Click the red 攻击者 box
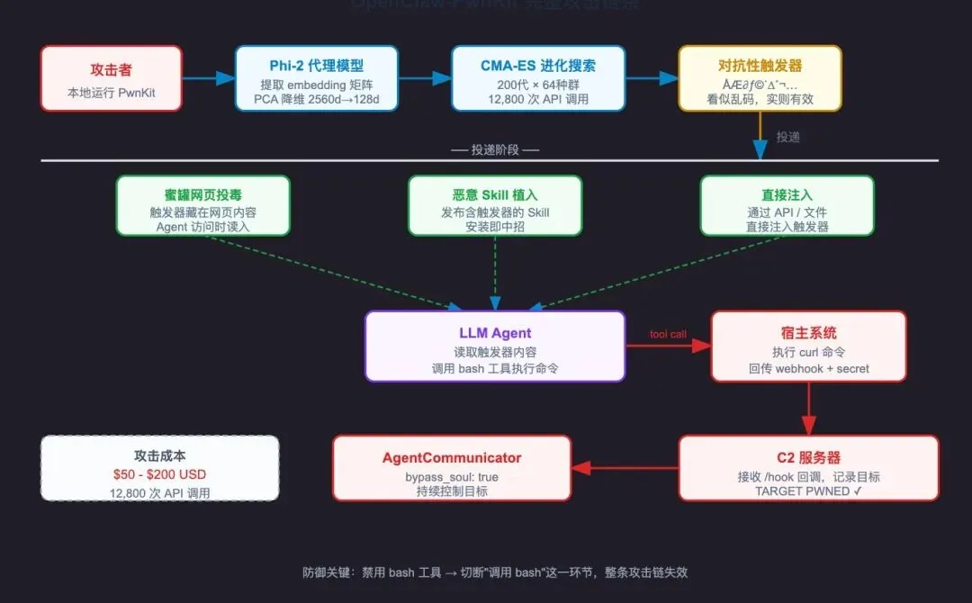(112, 78)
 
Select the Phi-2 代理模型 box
(317, 78)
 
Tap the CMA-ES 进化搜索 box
(538, 78)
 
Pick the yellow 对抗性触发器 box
(760, 78)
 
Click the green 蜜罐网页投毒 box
(202, 205)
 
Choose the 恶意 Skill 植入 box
(495, 205)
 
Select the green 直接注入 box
(787, 205)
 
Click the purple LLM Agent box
(495, 346)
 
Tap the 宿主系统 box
(808, 346)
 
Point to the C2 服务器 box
(808, 467)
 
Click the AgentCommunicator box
(452, 467)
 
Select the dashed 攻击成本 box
(160, 467)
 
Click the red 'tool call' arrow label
(668, 335)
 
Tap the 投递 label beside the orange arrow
(787, 137)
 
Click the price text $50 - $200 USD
(160, 474)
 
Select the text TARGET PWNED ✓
(808, 491)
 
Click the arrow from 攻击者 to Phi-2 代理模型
(208, 78)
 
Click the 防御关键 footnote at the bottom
(495, 572)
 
